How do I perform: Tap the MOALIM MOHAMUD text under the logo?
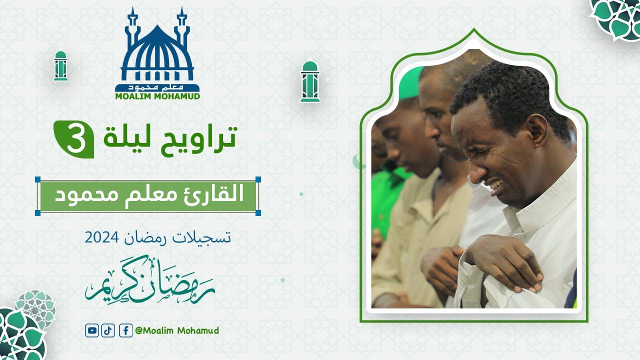(x=157, y=95)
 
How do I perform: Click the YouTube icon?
(x=91, y=330)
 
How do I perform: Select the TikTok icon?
(x=108, y=330)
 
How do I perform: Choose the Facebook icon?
(x=125, y=330)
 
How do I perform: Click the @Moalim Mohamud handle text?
(x=177, y=330)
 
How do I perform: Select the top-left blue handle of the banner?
(x=38, y=179)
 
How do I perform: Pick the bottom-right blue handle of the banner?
(x=258, y=213)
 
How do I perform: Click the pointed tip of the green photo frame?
(x=473, y=30)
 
